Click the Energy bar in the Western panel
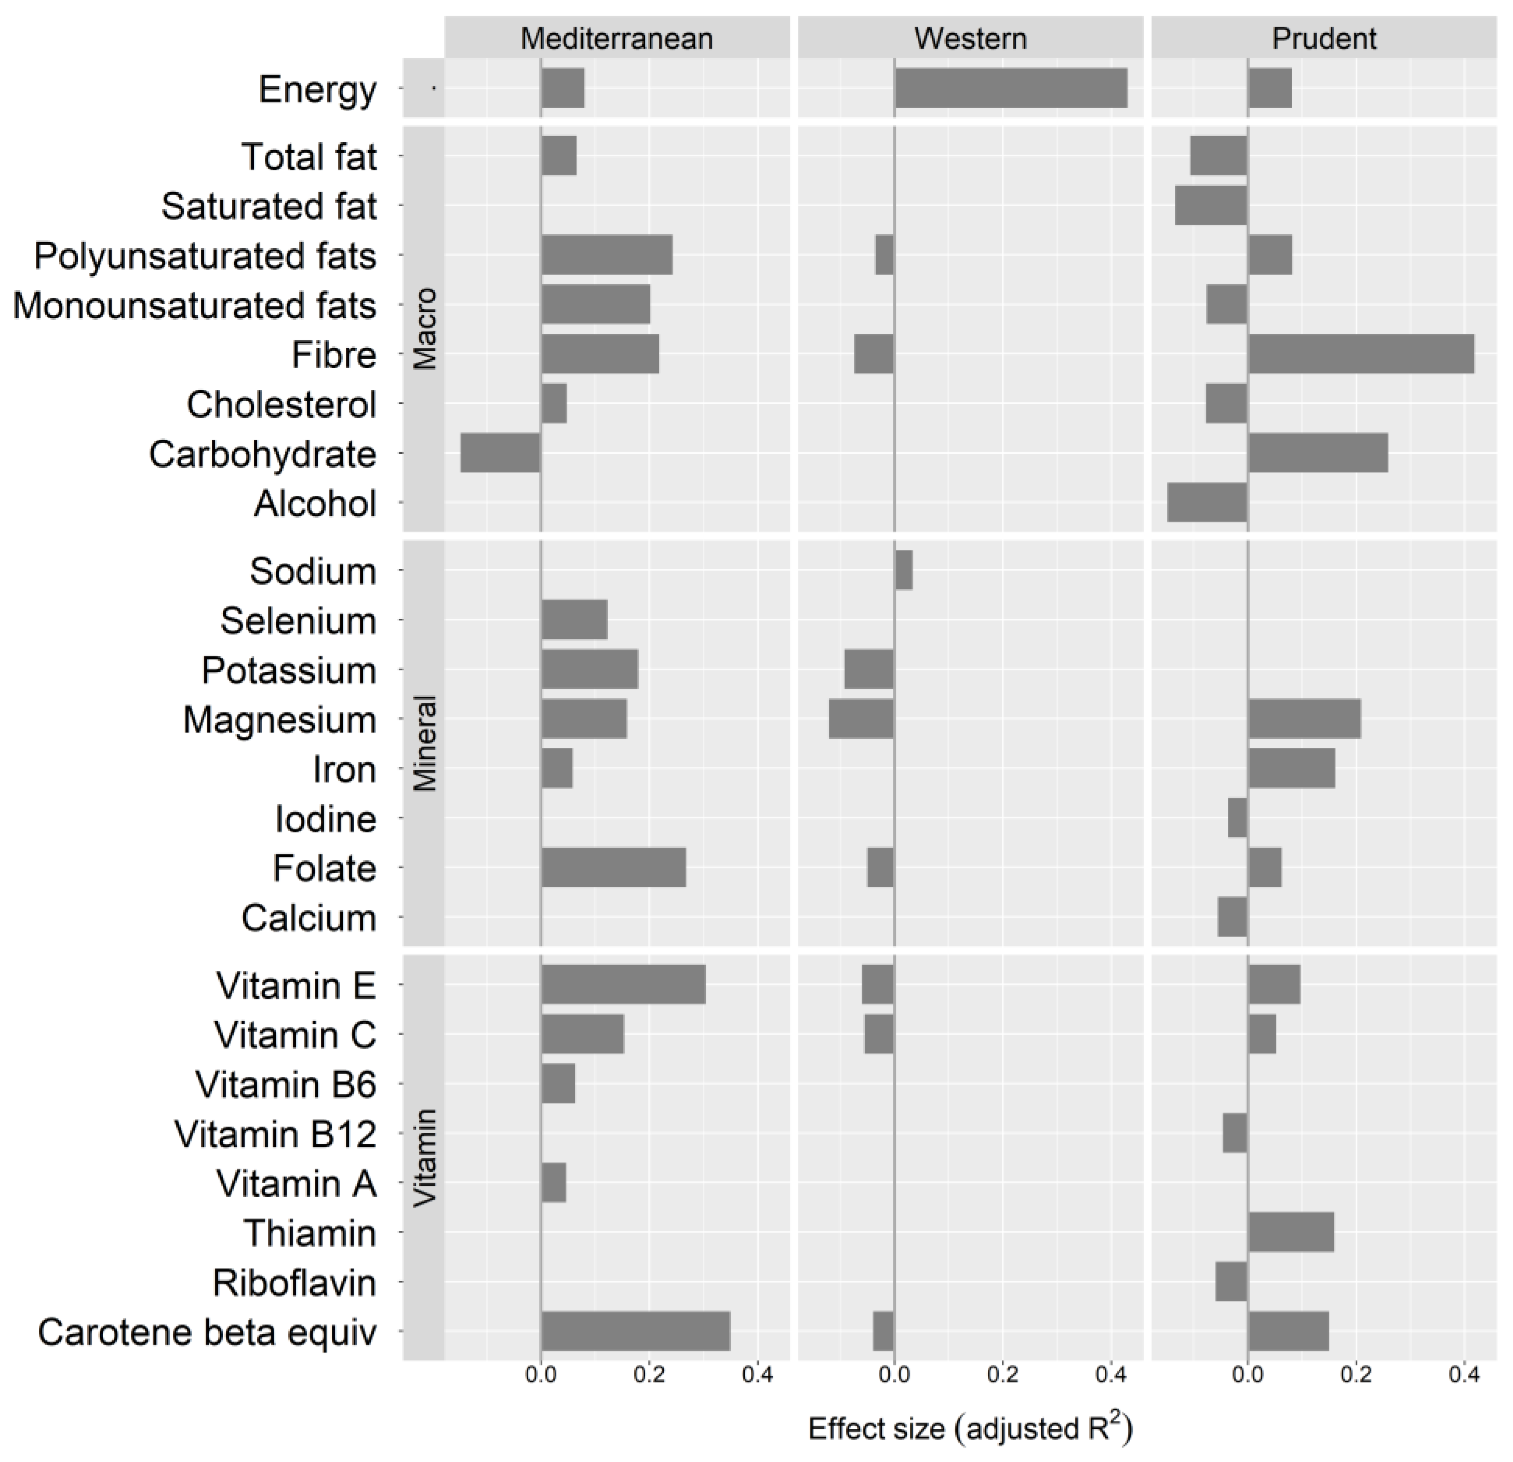pos(1010,88)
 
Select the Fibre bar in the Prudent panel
pos(1360,354)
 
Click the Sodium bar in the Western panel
pos(903,570)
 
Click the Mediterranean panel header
pos(616,38)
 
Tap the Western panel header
pos(970,38)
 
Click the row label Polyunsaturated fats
pos(205,256)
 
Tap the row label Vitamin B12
pos(276,1134)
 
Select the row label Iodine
pos(326,819)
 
